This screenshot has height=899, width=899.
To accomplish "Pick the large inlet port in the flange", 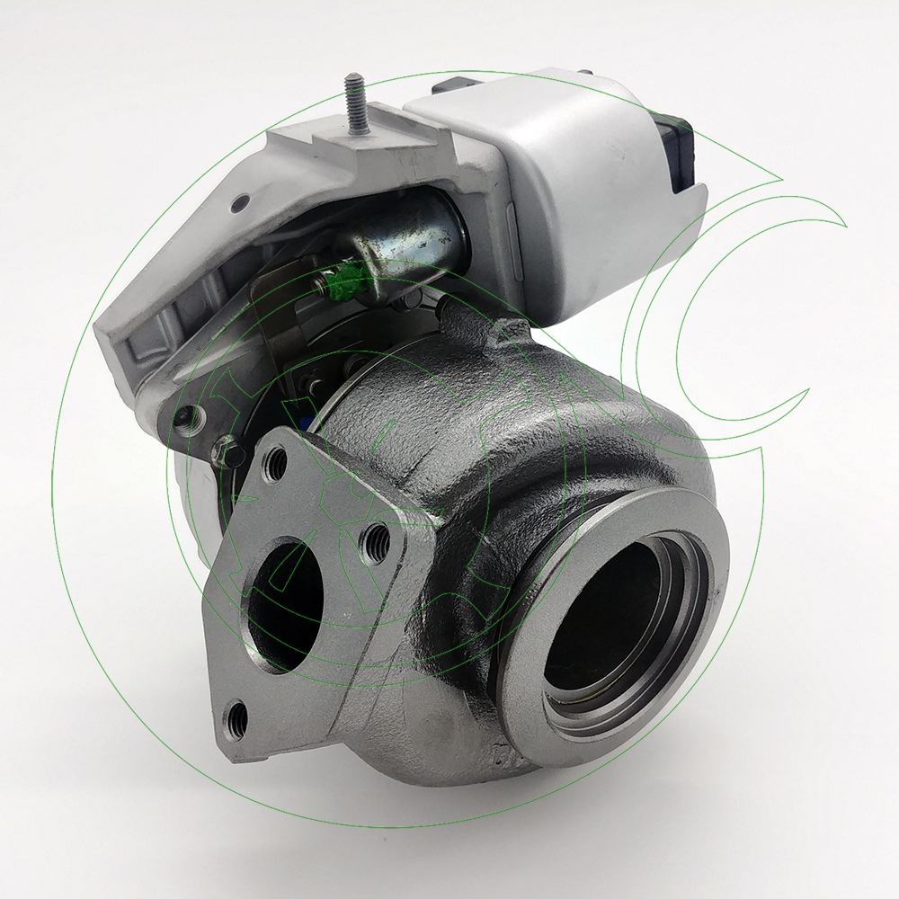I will [287, 604].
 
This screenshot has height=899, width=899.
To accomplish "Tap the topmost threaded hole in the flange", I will [276, 464].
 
